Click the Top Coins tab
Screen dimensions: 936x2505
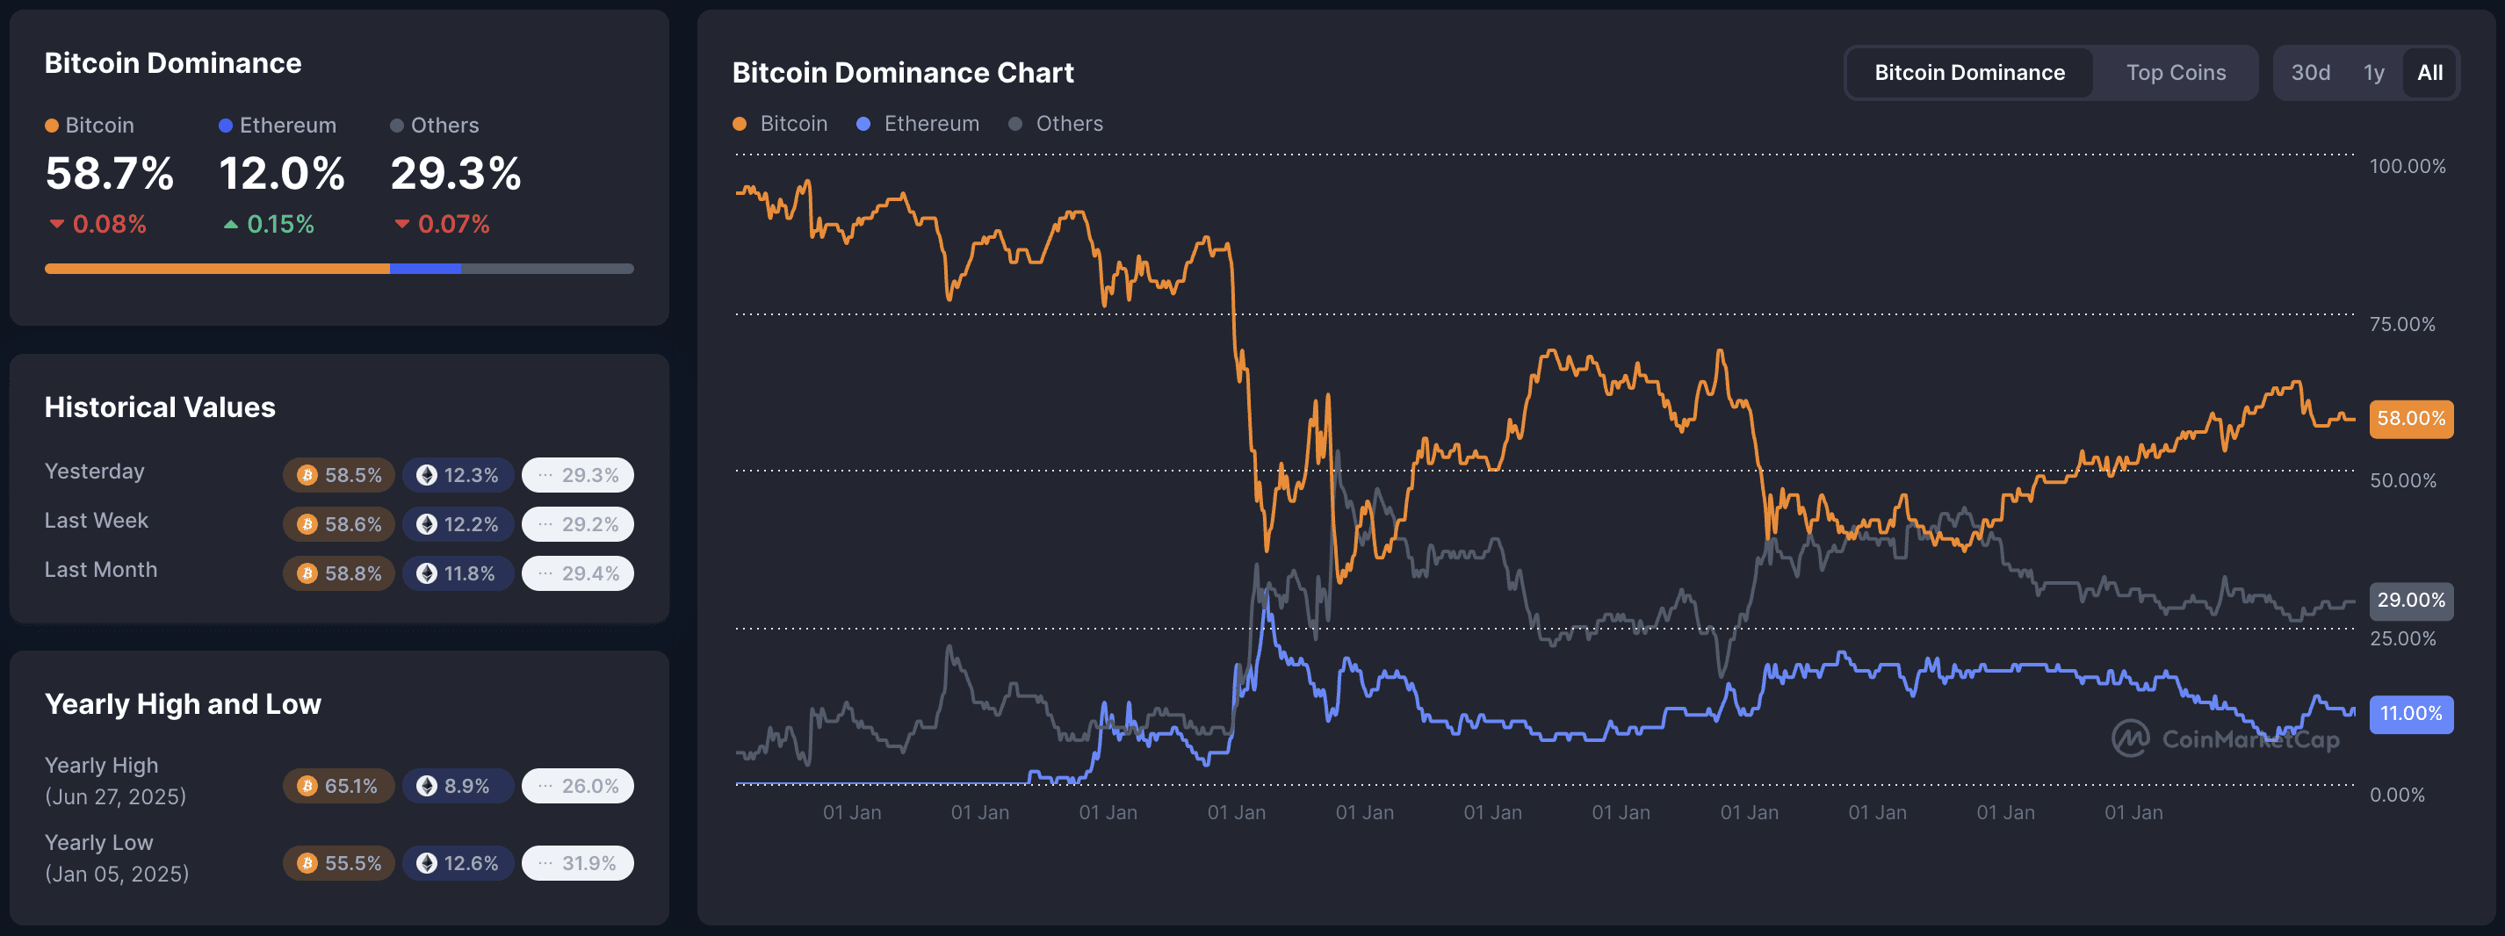tap(2176, 73)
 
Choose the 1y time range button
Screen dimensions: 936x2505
tap(2374, 73)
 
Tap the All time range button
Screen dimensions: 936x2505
tap(2429, 73)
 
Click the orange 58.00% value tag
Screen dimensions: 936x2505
tap(2411, 419)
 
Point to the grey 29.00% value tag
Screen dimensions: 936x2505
tap(2411, 601)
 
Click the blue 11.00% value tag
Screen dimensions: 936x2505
tap(2411, 714)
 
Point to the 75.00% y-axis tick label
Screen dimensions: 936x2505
tap(2402, 325)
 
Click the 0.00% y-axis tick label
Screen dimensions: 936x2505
tap(2397, 795)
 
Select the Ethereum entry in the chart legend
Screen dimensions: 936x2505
tap(918, 125)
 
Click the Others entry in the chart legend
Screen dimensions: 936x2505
tap(1057, 125)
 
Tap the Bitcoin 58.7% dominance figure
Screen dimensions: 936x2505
tap(110, 174)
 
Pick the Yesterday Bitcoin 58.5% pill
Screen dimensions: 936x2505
tap(338, 475)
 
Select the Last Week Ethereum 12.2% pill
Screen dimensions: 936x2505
tap(458, 525)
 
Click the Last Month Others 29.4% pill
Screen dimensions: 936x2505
tap(578, 573)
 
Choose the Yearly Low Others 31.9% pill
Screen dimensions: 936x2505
tap(578, 863)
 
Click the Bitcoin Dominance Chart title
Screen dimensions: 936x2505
tap(902, 73)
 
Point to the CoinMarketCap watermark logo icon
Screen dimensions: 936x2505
tap(2130, 738)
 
